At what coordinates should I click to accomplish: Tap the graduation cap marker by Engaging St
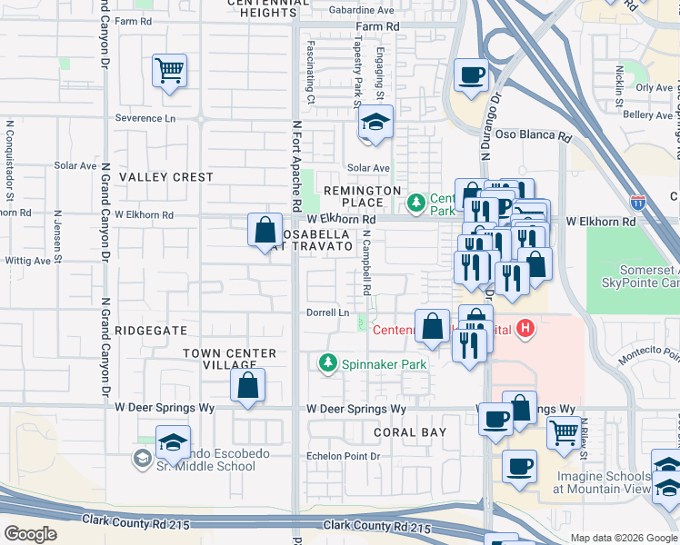click(375, 122)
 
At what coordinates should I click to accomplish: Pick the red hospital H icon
click(525, 329)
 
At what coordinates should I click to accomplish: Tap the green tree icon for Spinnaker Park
click(327, 363)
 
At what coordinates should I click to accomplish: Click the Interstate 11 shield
click(638, 202)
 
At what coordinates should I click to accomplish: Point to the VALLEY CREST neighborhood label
click(166, 177)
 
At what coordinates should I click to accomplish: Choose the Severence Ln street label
click(145, 118)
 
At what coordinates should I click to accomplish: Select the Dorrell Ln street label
click(327, 312)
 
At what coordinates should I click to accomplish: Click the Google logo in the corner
click(30, 533)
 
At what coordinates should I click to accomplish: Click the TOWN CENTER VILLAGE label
click(229, 359)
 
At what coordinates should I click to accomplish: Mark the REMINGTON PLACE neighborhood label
click(363, 196)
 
